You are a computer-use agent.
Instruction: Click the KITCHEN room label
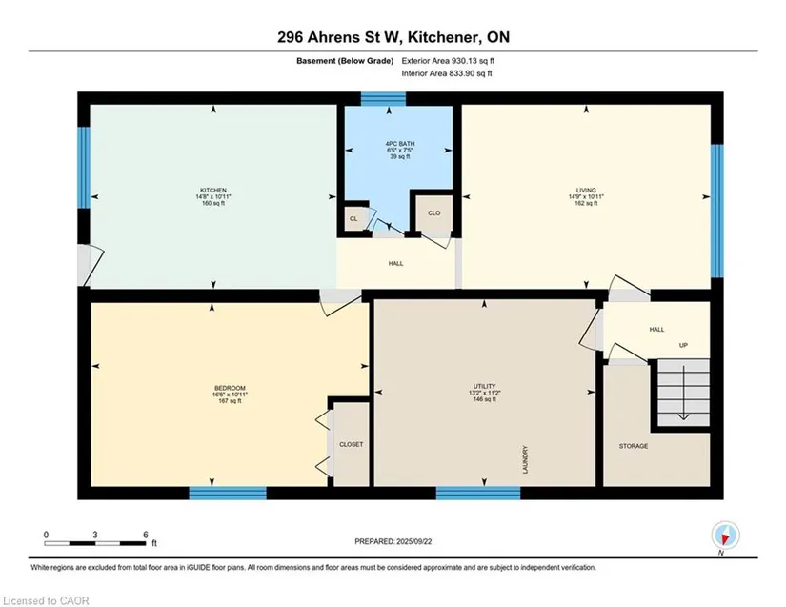pos(213,191)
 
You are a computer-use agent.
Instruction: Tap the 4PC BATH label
pos(400,144)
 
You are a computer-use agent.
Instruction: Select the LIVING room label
pos(586,191)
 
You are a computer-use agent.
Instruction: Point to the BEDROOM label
pos(231,388)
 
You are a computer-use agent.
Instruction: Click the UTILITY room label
pos(484,387)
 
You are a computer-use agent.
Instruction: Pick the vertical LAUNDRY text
pos(525,459)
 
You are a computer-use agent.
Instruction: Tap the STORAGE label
pos(634,446)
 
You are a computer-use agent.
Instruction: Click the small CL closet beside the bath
pos(353,219)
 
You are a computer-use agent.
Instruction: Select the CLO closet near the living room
pos(434,213)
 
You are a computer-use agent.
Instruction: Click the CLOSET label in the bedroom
pos(351,445)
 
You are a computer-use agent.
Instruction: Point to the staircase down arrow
pos(684,393)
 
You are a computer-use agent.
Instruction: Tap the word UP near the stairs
pos(683,345)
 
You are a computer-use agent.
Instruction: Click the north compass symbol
pos(725,536)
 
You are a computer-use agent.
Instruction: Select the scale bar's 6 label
pos(146,535)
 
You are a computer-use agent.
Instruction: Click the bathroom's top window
pos(384,99)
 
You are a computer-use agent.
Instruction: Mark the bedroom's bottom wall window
pos(228,494)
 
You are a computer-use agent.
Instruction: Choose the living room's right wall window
pos(717,211)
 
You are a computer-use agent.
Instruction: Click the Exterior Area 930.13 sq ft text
pos(448,61)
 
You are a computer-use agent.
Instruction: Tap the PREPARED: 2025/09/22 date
pos(393,542)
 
